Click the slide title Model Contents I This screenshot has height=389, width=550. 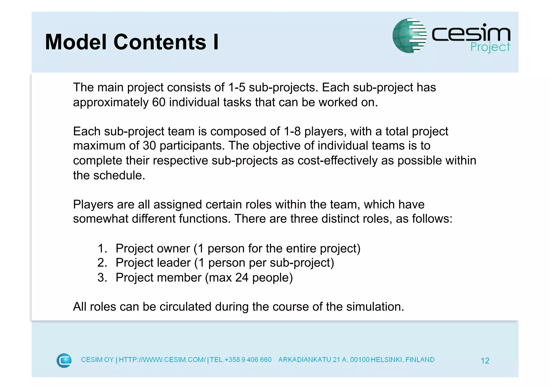point(132,42)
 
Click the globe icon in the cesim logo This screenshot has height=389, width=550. point(409,35)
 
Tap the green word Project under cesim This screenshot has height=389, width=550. point(490,47)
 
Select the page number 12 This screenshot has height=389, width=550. point(485,361)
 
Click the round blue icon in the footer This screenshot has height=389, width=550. point(64,361)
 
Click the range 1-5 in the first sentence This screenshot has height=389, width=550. point(237,88)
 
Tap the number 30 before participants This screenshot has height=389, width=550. point(149,146)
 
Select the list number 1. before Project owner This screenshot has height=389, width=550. point(102,248)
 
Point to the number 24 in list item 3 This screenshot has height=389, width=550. point(242,278)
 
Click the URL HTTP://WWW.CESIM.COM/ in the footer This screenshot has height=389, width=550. point(162,360)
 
